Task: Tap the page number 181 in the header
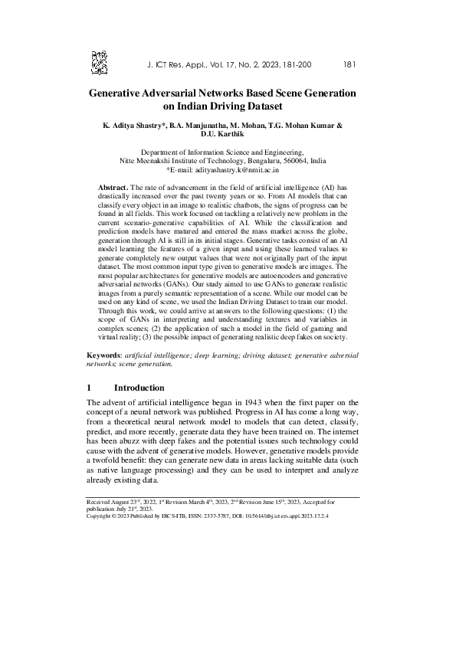pyautogui.click(x=349, y=65)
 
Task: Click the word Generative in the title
pyautogui.click(x=121, y=93)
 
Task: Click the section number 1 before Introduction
pyautogui.click(x=90, y=388)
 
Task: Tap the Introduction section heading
pyautogui.click(x=144, y=388)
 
